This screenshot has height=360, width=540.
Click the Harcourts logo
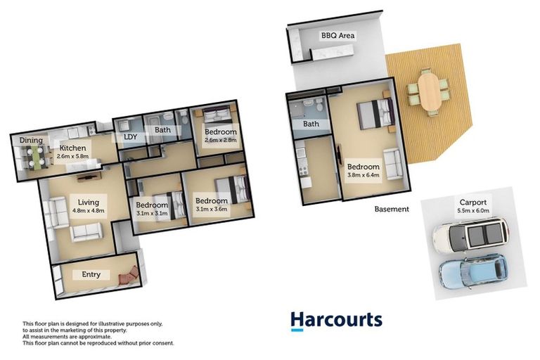337,321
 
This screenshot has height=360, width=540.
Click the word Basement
392,209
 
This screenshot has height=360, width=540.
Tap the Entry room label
91,274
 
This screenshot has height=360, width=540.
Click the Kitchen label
72,148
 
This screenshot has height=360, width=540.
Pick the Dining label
31,141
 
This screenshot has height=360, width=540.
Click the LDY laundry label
130,137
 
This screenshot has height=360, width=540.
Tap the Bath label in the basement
310,124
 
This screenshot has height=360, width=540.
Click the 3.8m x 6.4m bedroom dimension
363,176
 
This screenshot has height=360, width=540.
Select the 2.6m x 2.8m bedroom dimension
220,141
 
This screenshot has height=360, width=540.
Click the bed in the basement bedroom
375,113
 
